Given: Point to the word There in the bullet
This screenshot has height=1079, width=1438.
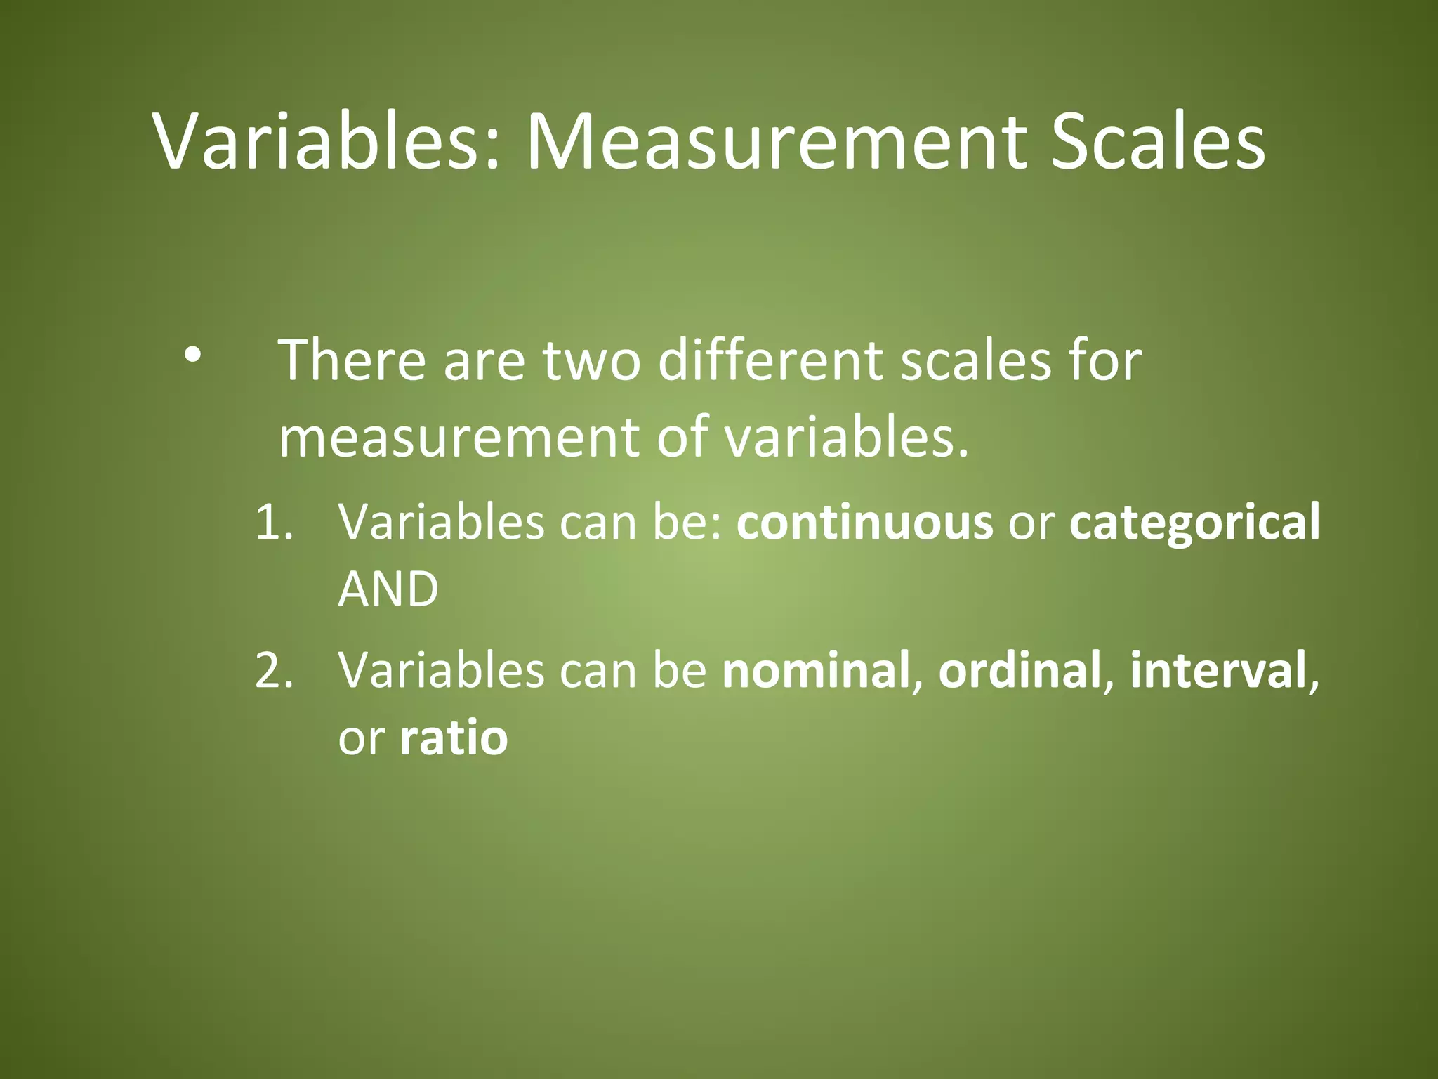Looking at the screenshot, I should (x=352, y=360).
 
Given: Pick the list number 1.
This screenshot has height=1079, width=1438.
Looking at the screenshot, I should (x=272, y=523).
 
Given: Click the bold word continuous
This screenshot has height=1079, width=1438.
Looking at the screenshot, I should (x=864, y=523).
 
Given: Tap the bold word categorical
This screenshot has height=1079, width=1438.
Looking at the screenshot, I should (x=1194, y=523).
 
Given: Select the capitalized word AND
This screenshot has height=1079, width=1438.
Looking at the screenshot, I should (x=388, y=589).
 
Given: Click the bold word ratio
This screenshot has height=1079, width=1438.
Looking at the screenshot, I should (x=454, y=738).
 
